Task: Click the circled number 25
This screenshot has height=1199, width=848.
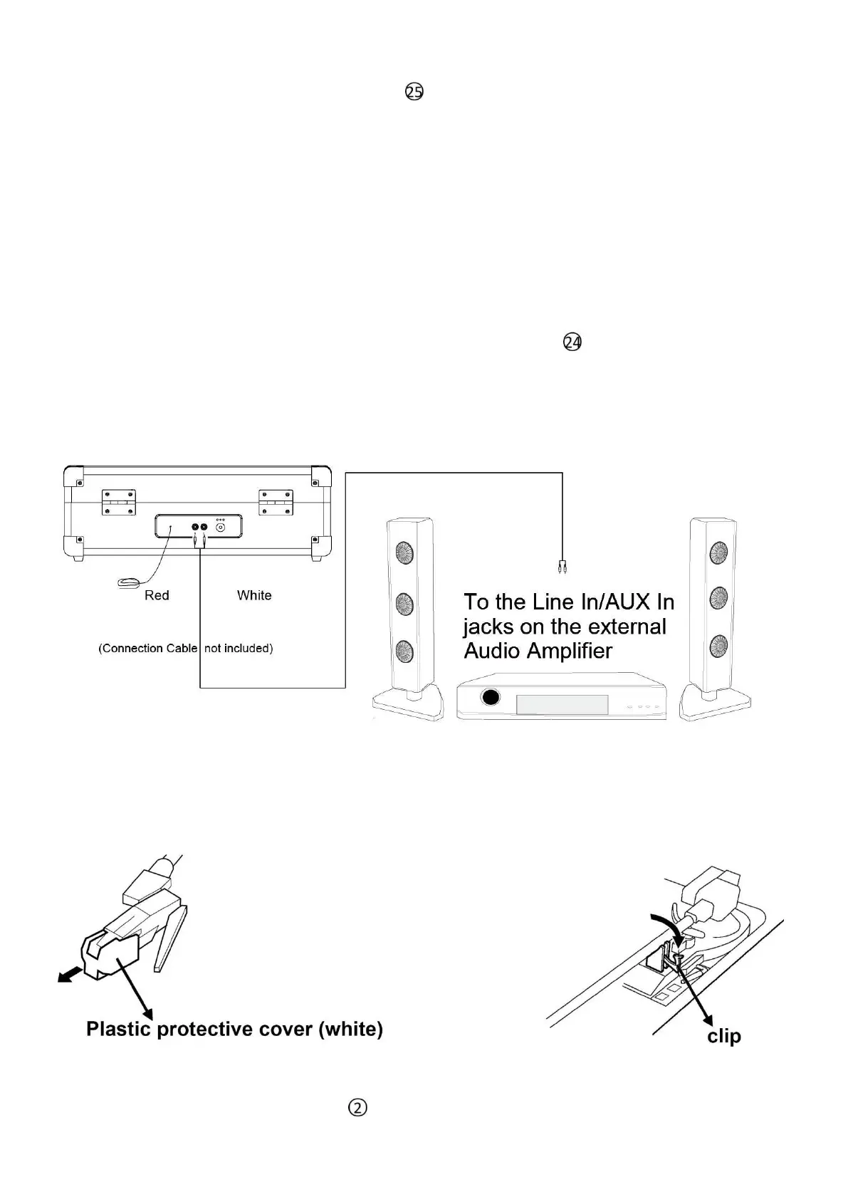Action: (x=414, y=92)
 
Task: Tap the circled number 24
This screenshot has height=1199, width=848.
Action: (x=572, y=342)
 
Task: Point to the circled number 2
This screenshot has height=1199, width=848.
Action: (x=357, y=1108)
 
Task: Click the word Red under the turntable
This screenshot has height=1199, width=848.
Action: (x=157, y=595)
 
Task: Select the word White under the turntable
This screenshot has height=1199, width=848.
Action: (x=254, y=595)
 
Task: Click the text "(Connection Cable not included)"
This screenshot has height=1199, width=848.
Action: (x=186, y=648)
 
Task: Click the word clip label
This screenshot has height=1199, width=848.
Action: (x=724, y=1036)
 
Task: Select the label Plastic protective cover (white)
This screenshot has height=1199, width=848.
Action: (x=234, y=1029)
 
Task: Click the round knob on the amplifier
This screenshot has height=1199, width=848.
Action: (x=490, y=697)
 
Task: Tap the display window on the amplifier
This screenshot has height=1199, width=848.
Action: (x=562, y=705)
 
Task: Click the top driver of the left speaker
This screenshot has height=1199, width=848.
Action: (x=404, y=553)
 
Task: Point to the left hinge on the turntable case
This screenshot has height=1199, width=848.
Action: (x=118, y=502)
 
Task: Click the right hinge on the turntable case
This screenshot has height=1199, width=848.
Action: (x=276, y=502)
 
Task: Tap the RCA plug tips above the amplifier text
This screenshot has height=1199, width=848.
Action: (x=562, y=567)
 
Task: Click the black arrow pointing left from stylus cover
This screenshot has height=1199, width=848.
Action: (x=69, y=978)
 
